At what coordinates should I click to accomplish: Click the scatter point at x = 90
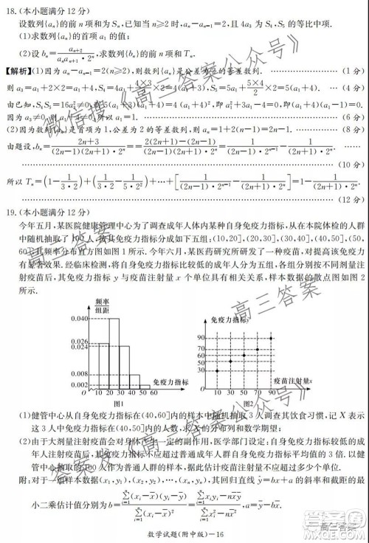click(x=273, y=337)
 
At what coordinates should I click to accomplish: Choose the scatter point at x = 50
click(x=244, y=359)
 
